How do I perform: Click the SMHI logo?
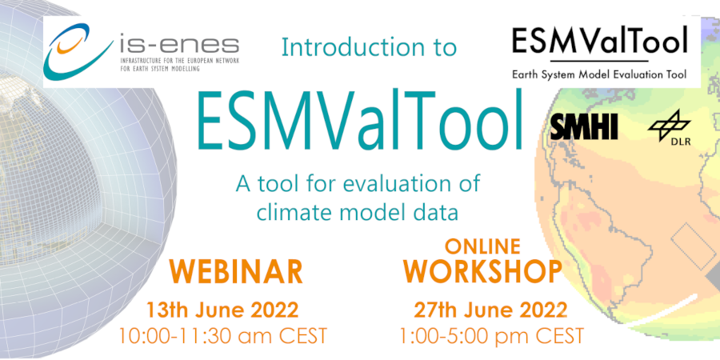click(584, 126)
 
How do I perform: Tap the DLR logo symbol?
click(670, 124)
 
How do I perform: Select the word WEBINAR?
click(238, 272)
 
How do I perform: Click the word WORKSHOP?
click(483, 271)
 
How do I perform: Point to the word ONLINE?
click(482, 246)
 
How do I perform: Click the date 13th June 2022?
click(222, 310)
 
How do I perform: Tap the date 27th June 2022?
click(490, 310)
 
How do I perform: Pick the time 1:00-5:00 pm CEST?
click(492, 336)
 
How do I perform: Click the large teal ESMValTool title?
click(360, 120)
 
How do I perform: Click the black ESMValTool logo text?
click(600, 40)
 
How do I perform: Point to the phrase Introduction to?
click(369, 46)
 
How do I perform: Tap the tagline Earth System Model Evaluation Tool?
click(599, 75)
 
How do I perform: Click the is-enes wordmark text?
click(179, 46)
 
